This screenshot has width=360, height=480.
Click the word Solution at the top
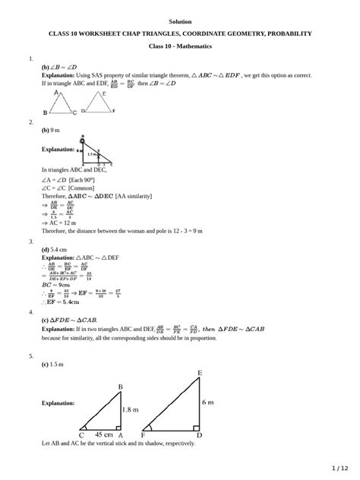coord(180,21)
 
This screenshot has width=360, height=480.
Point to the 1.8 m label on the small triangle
coord(131,409)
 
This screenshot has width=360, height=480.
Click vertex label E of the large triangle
coord(200,374)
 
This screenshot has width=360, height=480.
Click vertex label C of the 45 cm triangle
coord(81,435)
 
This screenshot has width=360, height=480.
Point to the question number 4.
coord(30,312)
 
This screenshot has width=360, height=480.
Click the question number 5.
coord(30,355)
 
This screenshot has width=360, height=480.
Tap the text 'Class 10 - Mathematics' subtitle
coord(179,46)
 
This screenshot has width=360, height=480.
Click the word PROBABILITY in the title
coord(283,34)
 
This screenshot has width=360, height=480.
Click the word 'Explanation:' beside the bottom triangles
coord(58,403)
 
